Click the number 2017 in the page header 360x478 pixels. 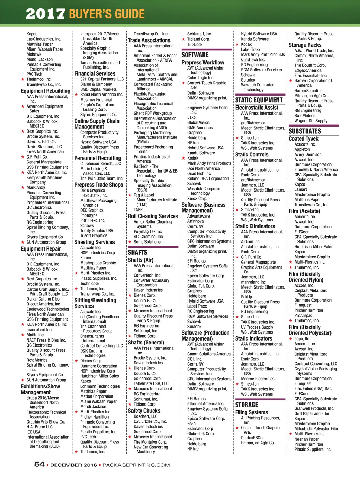[45, 14]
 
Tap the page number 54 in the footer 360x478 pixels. [39, 464]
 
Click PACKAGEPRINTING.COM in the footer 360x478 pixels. [136, 465]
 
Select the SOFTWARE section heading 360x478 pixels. [195, 55]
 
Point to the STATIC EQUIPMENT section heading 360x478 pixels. [259, 100]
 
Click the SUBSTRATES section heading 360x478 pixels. [305, 131]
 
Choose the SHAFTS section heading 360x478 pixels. [137, 252]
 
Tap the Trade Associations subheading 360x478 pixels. [149, 40]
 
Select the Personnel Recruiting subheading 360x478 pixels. [98, 158]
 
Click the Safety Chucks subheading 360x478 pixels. [144, 411]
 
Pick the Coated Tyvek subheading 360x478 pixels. [303, 138]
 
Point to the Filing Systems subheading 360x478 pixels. [251, 412]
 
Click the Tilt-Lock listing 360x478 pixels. [195, 44]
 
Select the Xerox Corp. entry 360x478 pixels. [197, 198]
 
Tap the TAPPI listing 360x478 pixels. [139, 209]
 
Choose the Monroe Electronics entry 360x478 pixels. [258, 379]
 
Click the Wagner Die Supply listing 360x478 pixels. [311, 121]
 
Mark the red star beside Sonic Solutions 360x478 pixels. [130, 242]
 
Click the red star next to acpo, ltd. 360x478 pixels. [291, 339]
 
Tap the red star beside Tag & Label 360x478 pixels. [130, 195]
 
